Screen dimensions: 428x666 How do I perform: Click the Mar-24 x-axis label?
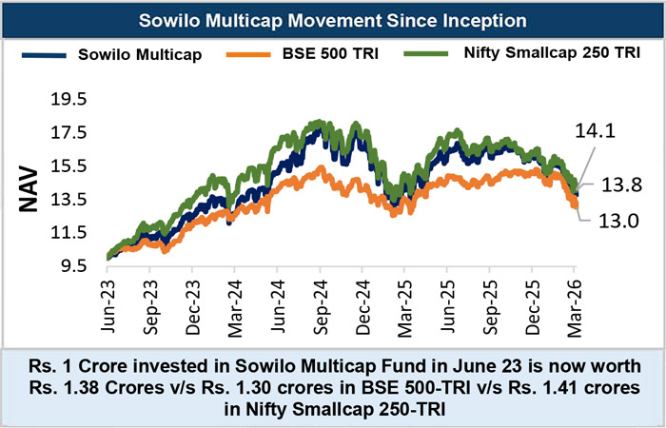pos(234,300)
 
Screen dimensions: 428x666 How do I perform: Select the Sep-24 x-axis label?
pos(319,300)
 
